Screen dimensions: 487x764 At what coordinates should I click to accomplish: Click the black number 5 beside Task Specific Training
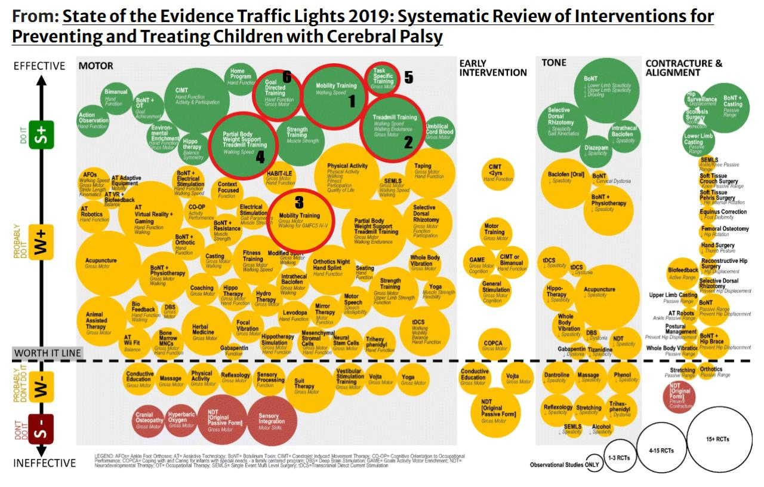pos(408,78)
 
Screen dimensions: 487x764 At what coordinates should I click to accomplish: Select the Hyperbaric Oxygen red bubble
pos(181,419)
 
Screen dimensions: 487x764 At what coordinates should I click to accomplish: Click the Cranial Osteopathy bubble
pos(149,419)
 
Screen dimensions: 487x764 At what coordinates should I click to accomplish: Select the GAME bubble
pos(478,263)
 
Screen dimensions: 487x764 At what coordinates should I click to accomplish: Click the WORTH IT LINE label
pos(47,353)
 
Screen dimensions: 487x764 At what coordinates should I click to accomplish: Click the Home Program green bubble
pos(241,76)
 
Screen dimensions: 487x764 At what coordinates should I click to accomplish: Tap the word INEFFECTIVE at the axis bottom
pos(45,463)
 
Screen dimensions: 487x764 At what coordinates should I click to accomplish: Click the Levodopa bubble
pos(295,315)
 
